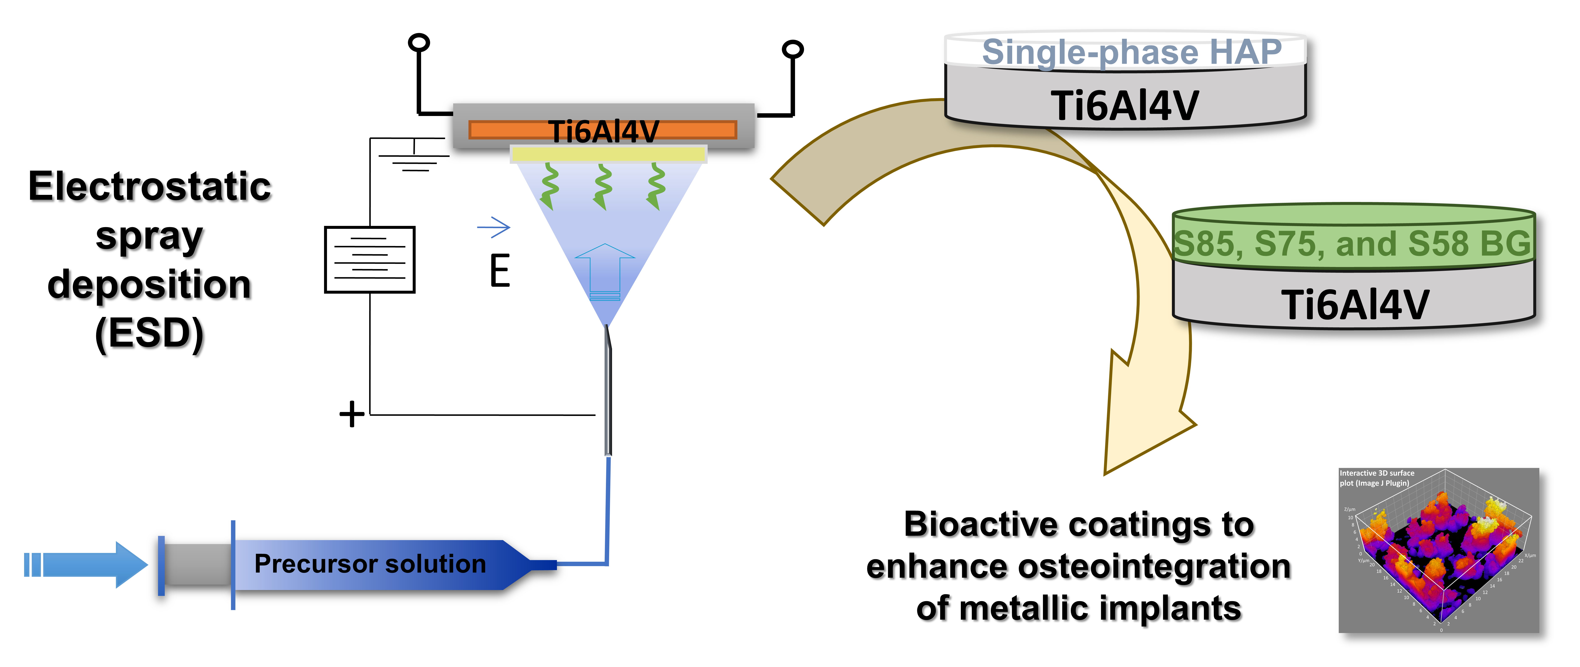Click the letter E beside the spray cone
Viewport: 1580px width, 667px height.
[500, 271]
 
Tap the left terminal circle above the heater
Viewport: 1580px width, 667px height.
[419, 43]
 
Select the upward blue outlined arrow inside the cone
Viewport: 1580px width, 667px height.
[605, 270]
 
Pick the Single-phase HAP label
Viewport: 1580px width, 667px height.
[1132, 52]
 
